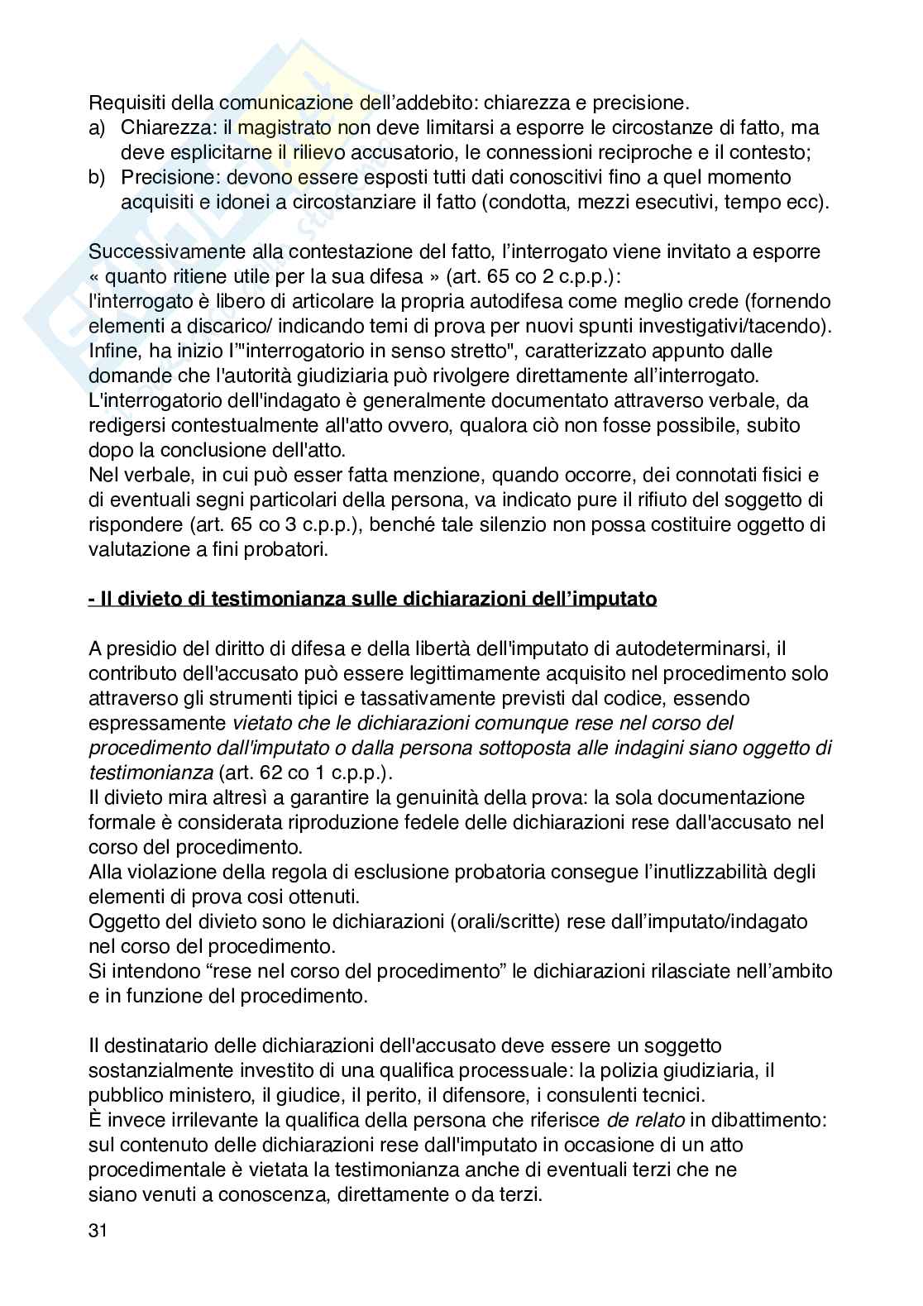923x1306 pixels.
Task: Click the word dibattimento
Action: [x=760, y=1120]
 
